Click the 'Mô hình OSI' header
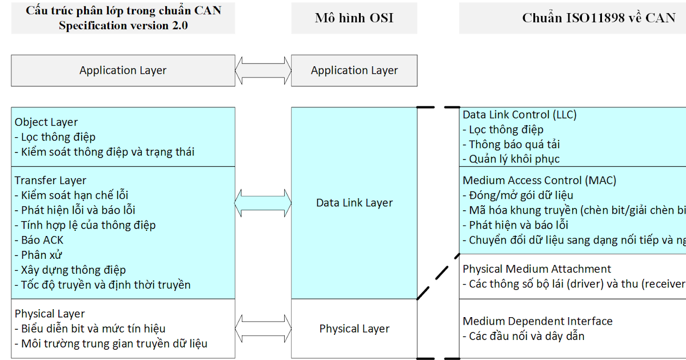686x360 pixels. point(354,18)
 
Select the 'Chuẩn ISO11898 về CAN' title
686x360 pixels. point(599,18)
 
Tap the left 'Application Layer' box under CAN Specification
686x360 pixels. point(123,71)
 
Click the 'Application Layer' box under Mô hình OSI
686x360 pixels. point(354,71)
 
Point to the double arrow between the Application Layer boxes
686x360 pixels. point(263,71)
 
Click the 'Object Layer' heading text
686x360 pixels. point(46,122)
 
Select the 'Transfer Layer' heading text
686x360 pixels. point(50,181)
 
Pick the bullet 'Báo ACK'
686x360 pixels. point(42,240)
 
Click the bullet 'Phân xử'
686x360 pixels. point(41,255)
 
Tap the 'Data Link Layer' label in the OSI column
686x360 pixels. point(354,203)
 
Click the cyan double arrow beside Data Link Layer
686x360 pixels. point(263,203)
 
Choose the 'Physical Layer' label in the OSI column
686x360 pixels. point(354,329)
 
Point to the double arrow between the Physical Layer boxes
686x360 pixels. point(263,329)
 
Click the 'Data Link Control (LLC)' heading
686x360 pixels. point(519,115)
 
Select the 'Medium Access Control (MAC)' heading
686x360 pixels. point(539,181)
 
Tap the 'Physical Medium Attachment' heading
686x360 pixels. point(536,269)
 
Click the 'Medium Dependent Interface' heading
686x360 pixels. point(537,321)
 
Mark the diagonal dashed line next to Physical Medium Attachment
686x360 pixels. point(438,276)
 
